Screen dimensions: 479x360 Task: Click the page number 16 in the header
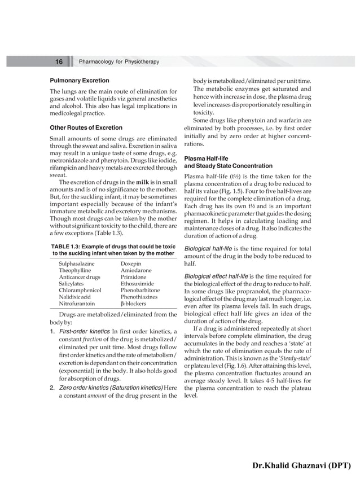(59, 61)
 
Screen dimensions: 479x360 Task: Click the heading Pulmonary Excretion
(76, 81)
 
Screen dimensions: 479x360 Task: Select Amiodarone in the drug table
(137, 270)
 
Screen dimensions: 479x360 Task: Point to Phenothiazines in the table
(140, 296)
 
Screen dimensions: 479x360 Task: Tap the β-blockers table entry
(134, 303)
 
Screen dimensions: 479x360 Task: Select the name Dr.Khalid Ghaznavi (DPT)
(302, 465)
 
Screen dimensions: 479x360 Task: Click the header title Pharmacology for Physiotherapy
(119, 61)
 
